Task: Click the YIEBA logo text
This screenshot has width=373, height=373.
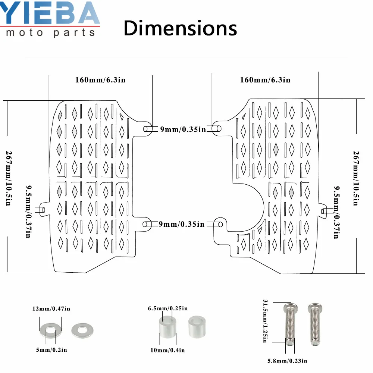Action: point(50,13)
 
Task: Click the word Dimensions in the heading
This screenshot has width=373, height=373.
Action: point(180,28)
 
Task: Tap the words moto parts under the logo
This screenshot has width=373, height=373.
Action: point(51,33)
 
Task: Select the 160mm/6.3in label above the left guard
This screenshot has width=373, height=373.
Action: point(100,80)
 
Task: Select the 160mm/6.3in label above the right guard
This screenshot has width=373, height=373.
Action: point(265,80)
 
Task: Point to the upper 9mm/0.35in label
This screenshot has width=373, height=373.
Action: point(183,129)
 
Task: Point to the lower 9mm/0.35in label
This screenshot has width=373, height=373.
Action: point(182,224)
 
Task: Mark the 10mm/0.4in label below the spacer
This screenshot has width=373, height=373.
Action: point(168,350)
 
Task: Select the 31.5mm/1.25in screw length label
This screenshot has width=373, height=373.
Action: point(266,321)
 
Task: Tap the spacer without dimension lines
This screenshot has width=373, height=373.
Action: point(197,326)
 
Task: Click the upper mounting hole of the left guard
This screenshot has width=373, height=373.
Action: point(147,129)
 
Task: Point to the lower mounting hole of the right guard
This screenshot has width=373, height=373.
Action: point(220,224)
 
